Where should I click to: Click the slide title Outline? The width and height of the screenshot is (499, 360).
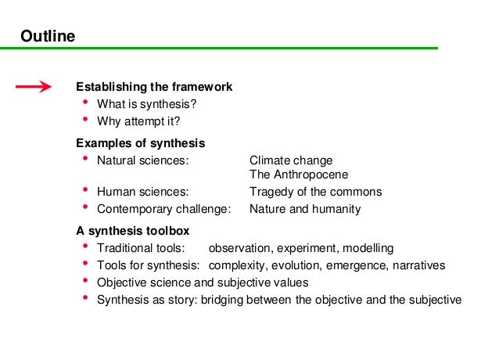tap(47, 35)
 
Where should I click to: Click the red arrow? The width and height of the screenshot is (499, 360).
tap(34, 87)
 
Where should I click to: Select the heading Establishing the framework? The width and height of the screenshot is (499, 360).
tap(154, 87)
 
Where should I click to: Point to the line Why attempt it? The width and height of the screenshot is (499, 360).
tap(138, 121)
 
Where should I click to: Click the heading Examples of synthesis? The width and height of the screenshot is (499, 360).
tap(140, 143)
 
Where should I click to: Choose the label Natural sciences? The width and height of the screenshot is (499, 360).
tap(142, 160)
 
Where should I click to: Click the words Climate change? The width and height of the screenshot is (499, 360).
tap(291, 160)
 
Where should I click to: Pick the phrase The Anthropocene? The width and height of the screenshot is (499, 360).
tap(299, 175)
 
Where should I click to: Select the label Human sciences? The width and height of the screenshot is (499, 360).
tap(142, 192)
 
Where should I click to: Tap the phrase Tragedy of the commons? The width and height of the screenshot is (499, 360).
tap(315, 192)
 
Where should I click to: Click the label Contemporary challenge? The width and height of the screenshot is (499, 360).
tap(164, 209)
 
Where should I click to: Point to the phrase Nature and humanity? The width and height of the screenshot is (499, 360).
tap(305, 209)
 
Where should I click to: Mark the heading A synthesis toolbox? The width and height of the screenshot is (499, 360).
tap(132, 231)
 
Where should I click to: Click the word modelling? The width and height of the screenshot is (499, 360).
tap(367, 248)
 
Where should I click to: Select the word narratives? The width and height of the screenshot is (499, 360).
tap(417, 265)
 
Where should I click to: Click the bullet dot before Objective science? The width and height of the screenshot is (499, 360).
tap(84, 280)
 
